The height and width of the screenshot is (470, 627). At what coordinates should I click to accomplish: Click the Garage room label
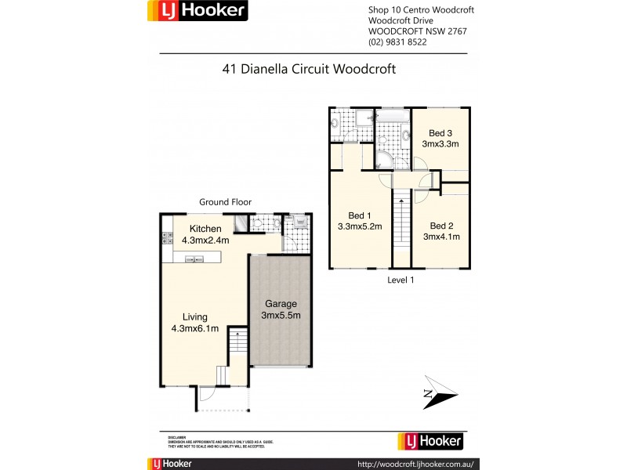(x=280, y=304)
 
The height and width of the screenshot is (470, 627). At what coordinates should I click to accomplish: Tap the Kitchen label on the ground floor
(x=194, y=228)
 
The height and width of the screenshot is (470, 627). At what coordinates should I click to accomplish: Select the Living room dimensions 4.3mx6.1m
(x=195, y=328)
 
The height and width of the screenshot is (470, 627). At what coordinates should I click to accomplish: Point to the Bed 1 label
(x=360, y=215)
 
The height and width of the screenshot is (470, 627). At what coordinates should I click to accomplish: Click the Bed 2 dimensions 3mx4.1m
(x=441, y=236)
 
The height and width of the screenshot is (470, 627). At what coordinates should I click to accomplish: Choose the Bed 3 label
(x=440, y=132)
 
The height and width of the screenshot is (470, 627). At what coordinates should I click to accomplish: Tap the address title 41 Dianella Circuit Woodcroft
(x=310, y=69)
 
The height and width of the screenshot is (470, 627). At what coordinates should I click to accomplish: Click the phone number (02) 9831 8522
(x=397, y=42)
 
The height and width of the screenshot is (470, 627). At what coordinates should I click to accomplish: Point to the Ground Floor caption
(x=225, y=202)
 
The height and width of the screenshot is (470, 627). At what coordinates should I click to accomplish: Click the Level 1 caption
(x=400, y=280)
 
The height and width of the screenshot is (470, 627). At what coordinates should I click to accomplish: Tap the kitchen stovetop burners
(x=167, y=234)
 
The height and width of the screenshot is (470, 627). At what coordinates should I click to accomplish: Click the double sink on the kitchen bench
(x=190, y=259)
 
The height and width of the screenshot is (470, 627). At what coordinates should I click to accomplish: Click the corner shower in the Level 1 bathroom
(x=384, y=160)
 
